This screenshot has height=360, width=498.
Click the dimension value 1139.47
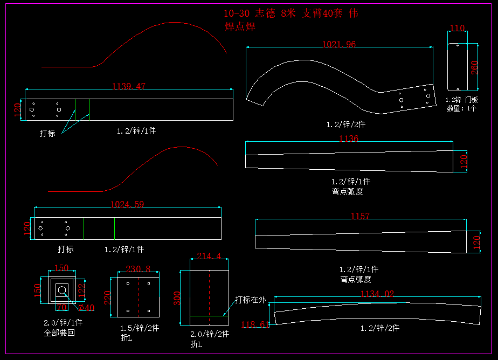pos(128,86)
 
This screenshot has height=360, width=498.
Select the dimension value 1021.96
pos(339,44)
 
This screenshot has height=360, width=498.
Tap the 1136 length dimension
pos(348,139)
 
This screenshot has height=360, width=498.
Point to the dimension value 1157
pos(360,217)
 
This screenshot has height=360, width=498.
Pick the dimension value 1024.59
pos(127,204)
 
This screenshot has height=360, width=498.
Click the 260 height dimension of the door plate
pos(474,67)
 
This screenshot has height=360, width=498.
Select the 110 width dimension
pos(457,28)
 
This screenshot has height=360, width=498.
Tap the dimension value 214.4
pos(209,256)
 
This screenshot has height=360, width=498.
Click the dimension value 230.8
pos(138,269)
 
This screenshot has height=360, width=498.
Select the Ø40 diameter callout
pos(86,307)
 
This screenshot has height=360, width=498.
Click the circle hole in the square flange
pos(62,291)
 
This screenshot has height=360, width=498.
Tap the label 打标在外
pos(250,300)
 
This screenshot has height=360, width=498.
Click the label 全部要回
pos(59,333)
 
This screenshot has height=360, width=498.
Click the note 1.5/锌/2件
pos(139,328)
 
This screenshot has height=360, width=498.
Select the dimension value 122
pos(81,290)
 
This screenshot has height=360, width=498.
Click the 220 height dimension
pos(107,297)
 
